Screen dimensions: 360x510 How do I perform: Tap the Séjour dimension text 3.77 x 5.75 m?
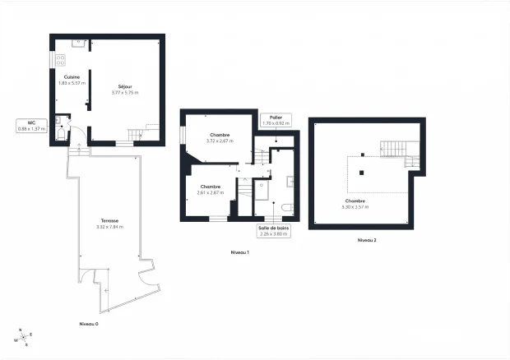pos(125,93)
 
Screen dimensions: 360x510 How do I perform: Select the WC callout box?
pos(31,125)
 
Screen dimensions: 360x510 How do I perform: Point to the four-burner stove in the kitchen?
pos(60,59)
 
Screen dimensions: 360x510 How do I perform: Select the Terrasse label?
pos(109,221)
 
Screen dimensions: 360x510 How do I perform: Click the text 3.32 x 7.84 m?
pos(109,227)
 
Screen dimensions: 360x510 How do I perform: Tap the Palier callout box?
pos(276,121)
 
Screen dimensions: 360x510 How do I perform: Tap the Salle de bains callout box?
pos(273,230)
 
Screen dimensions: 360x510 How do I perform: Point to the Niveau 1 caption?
pos(240,252)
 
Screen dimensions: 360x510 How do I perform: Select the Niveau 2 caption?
pos(367,240)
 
